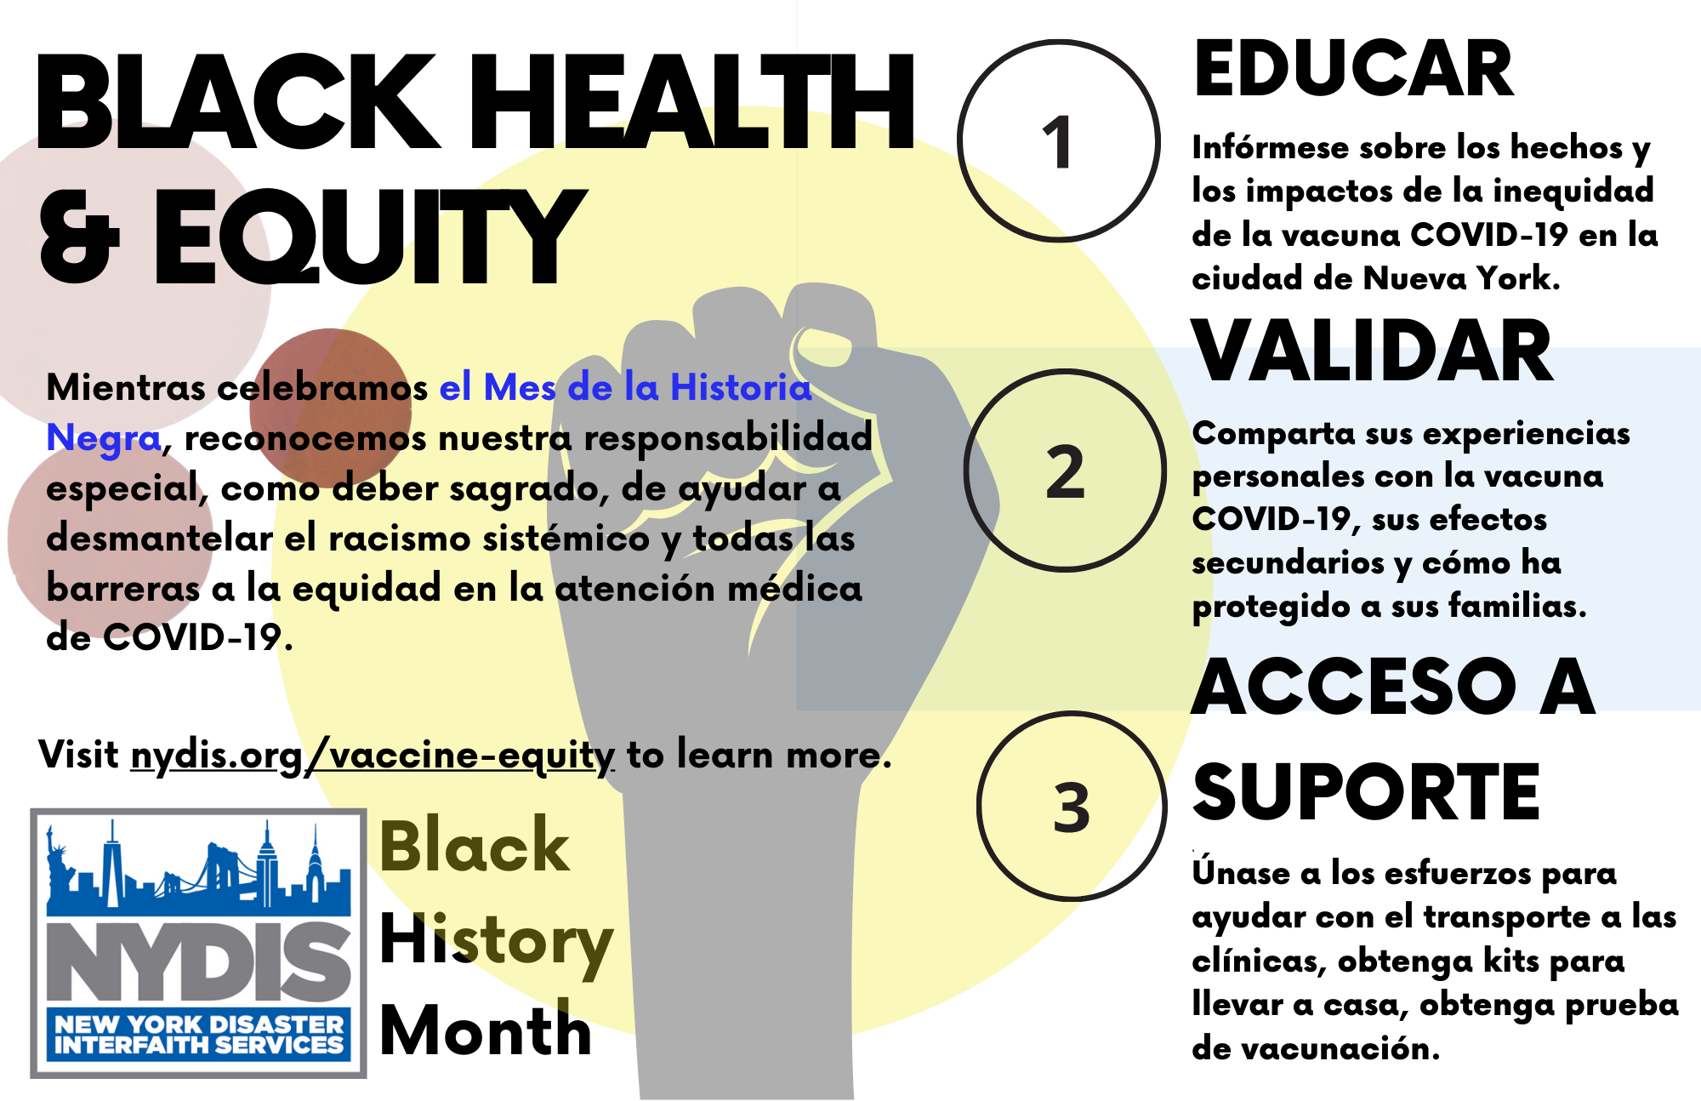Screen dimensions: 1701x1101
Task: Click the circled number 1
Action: click(x=1058, y=141)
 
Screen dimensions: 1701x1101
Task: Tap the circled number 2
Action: click(x=1065, y=471)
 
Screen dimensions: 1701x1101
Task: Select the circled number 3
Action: click(x=1072, y=807)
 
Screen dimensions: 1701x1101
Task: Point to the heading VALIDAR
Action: click(x=1372, y=351)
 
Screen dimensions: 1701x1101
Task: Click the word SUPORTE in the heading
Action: click(x=1366, y=792)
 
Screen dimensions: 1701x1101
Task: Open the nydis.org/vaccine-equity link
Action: click(x=373, y=756)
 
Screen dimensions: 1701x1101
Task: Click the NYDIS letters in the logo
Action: click(x=198, y=961)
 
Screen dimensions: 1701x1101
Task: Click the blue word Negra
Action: click(x=103, y=438)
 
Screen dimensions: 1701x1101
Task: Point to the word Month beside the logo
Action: click(x=485, y=1030)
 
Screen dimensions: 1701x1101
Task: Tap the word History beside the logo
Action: click(x=496, y=941)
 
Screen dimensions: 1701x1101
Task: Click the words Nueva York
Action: click(x=1460, y=278)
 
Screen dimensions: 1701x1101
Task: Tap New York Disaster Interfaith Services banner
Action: click(x=199, y=1035)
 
